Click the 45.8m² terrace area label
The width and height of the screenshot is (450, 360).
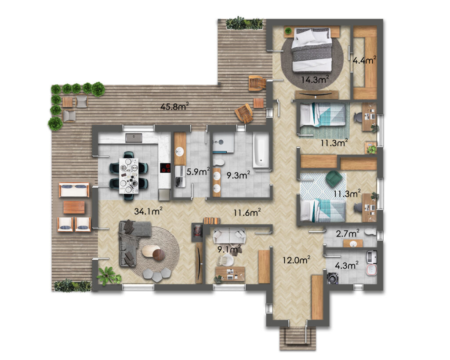[174, 107]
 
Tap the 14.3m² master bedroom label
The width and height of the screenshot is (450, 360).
[315, 80]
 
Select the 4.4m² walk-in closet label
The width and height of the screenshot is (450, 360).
[364, 60]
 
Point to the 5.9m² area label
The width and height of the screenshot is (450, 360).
[198, 172]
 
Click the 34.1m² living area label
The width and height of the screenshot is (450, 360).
[149, 211]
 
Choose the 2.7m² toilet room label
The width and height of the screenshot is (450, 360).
[348, 233]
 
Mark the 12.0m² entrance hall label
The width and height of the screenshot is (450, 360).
[296, 260]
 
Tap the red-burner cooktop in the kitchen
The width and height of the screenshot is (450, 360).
[165, 167]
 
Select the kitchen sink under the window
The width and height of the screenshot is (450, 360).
[134, 138]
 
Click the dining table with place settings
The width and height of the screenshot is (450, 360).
[129, 175]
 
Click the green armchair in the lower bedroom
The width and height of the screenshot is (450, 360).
[334, 178]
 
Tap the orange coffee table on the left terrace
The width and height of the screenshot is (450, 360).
[74, 207]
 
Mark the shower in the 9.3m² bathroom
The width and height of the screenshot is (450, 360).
[223, 143]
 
